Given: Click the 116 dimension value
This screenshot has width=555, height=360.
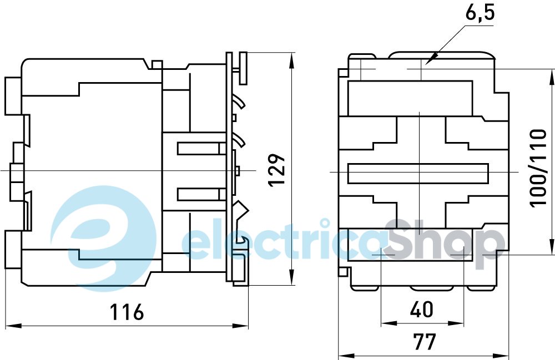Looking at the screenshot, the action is pos(127,311).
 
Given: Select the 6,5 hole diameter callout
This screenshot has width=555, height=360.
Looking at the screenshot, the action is pos(480,14).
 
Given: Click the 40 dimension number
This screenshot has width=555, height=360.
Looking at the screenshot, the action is pos(422,309).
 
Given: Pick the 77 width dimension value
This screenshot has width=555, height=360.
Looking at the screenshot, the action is pos(425,341).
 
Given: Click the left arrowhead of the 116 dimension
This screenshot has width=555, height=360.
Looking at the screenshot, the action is pos(13,326).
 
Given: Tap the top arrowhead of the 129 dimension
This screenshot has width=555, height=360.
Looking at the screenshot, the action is pos(292,60).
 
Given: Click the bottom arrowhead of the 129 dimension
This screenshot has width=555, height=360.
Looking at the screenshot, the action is pos(292,277).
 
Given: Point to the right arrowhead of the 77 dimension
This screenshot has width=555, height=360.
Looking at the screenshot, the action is pos(502,356).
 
